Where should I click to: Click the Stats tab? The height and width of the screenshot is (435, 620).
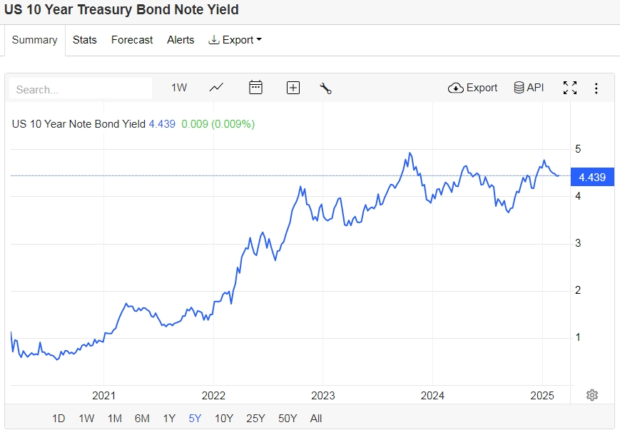(x=85, y=40)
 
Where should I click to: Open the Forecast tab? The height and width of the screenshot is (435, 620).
(x=132, y=40)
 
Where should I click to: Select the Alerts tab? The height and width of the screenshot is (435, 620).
(x=181, y=40)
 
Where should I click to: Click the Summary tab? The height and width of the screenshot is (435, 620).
(x=34, y=40)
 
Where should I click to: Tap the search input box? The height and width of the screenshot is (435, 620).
(x=81, y=89)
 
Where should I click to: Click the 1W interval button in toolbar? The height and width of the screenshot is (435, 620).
(x=179, y=88)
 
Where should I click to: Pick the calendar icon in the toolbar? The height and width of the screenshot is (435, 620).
(x=255, y=88)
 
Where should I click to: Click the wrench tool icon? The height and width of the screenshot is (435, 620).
(x=325, y=88)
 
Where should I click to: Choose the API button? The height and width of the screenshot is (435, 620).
(x=529, y=88)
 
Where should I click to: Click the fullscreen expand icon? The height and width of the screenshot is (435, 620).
(x=569, y=88)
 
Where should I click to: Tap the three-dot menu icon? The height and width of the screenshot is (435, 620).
(x=596, y=88)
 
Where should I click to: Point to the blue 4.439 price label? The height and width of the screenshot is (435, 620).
(x=592, y=178)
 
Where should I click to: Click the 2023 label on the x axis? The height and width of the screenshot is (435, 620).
(x=322, y=395)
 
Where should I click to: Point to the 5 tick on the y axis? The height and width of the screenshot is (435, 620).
(x=579, y=148)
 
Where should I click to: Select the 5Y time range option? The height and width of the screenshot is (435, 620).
(x=195, y=419)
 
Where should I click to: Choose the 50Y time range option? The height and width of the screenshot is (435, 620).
(x=288, y=419)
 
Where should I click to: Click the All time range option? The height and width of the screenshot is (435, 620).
(x=316, y=419)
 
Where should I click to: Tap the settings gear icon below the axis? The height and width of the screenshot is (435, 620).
(x=591, y=395)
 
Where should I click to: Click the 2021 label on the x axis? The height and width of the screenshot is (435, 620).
(x=103, y=395)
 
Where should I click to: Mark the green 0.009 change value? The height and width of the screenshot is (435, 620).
(x=194, y=124)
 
